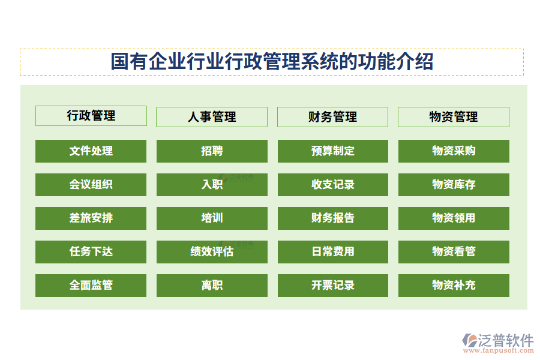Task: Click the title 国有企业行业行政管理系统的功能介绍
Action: click(272, 62)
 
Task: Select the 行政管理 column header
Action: click(91, 116)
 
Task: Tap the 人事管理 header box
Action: click(212, 117)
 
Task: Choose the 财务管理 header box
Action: click(332, 117)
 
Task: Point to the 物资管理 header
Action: click(454, 117)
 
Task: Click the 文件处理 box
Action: click(91, 151)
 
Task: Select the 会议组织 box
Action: click(91, 185)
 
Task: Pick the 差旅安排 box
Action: click(91, 218)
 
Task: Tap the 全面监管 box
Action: click(91, 286)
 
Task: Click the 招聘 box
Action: click(212, 151)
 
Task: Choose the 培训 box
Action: click(212, 218)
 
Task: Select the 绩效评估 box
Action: click(212, 252)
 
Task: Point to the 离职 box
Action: click(212, 286)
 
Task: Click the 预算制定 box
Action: click(333, 151)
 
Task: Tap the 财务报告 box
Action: click(333, 218)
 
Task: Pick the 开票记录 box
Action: click(333, 286)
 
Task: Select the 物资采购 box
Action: click(454, 151)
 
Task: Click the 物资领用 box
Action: click(454, 218)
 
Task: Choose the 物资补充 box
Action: click(454, 286)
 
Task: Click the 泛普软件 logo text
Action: click(505, 340)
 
